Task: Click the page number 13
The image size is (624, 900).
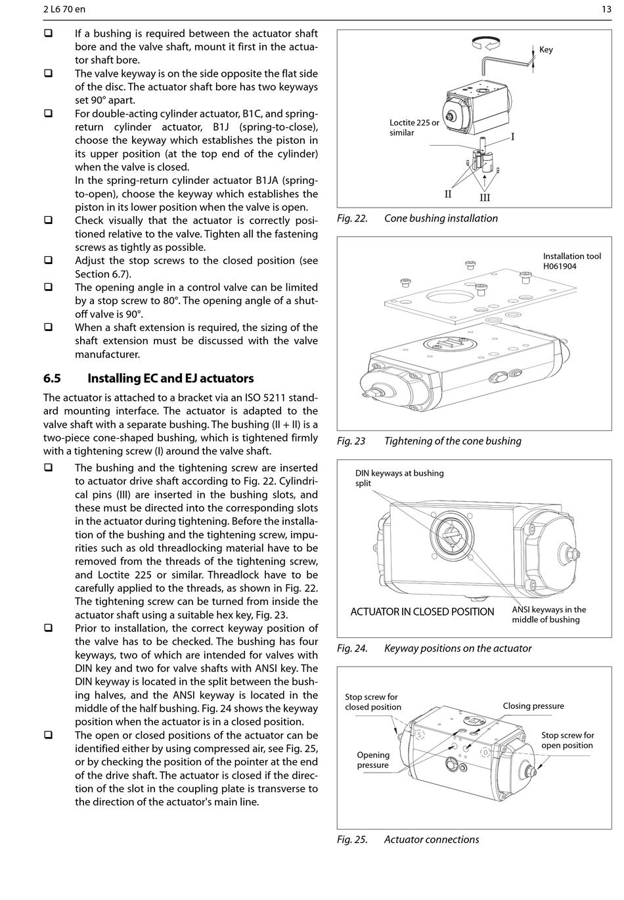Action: pyautogui.click(x=606, y=9)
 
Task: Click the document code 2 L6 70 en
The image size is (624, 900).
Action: pyautogui.click(x=64, y=9)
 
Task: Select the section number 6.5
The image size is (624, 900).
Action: pyautogui.click(x=52, y=378)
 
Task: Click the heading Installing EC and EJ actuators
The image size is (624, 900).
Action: pyautogui.click(x=170, y=378)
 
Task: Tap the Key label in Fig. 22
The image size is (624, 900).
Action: pyautogui.click(x=546, y=50)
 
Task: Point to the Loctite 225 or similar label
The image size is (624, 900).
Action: pyautogui.click(x=414, y=127)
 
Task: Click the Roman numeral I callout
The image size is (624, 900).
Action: pyautogui.click(x=512, y=137)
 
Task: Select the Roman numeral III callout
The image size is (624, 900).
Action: pyautogui.click(x=485, y=197)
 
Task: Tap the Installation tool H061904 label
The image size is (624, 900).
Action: pyautogui.click(x=571, y=261)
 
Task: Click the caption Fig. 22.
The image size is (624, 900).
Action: pyautogui.click(x=352, y=218)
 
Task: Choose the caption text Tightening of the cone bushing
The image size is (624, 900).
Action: pyautogui.click(x=453, y=441)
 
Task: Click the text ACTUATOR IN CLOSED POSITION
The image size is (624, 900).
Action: pyautogui.click(x=422, y=612)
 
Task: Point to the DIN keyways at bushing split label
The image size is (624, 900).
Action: pyautogui.click(x=399, y=478)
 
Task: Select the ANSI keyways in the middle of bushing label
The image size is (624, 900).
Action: pyautogui.click(x=548, y=614)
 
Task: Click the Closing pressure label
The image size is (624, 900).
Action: pyautogui.click(x=533, y=706)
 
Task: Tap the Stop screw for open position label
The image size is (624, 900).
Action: pyautogui.click(x=568, y=740)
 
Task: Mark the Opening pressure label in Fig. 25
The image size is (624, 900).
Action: pyautogui.click(x=373, y=759)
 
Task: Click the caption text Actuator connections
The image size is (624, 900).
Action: pyautogui.click(x=431, y=840)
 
